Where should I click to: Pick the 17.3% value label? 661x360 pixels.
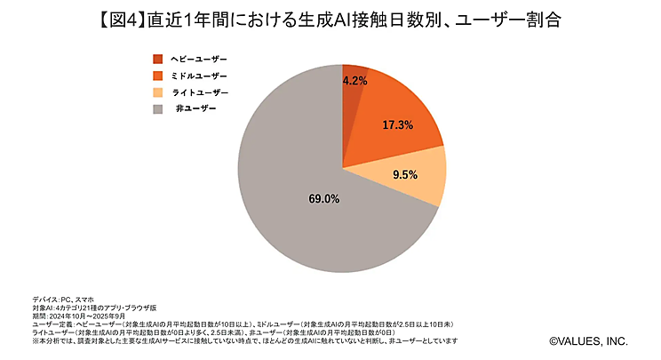[398, 125]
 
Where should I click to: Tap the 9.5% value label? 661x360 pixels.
[405, 175]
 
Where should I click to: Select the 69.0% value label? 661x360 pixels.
[323, 198]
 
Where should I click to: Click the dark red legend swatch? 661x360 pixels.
[158, 59]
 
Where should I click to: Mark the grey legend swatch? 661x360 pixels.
[158, 109]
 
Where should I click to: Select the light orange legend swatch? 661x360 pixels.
[158, 92]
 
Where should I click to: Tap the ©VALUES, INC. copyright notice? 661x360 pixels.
[588, 340]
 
